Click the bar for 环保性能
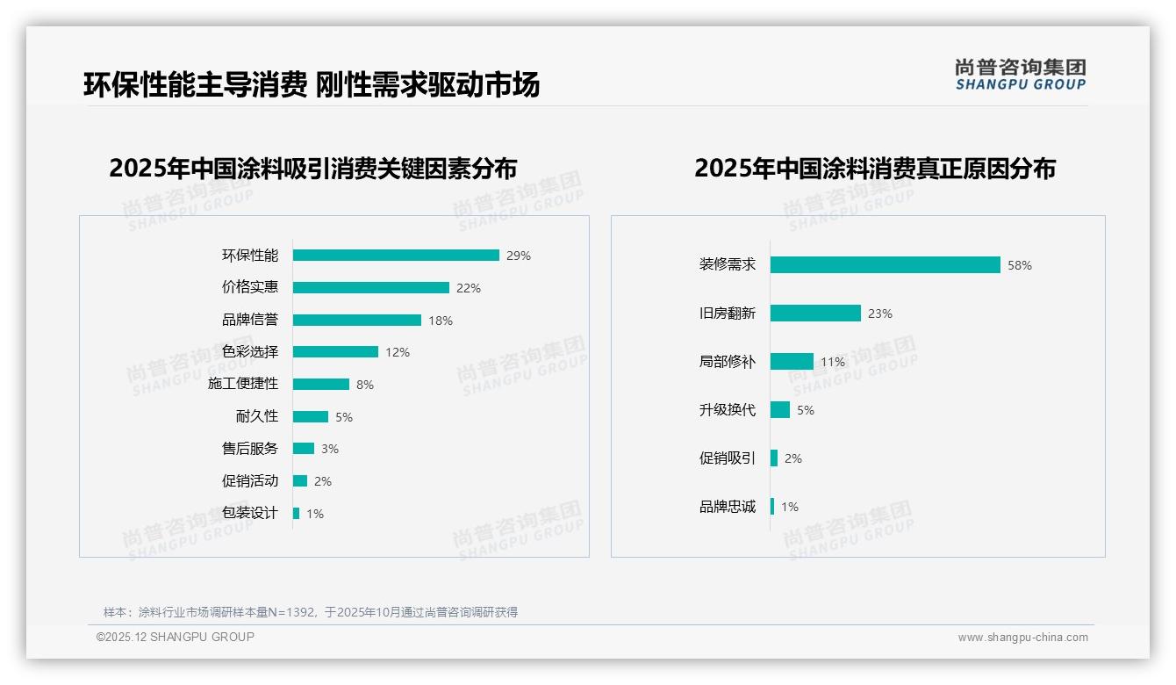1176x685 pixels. pos(396,256)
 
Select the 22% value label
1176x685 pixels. pos(469,288)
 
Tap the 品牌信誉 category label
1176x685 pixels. pos(250,320)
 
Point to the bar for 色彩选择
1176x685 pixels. pos(335,352)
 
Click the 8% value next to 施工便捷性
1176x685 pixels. pos(365,385)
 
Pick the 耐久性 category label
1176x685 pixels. pos(257,416)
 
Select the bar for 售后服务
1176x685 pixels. pos(304,449)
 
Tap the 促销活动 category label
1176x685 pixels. pos(250,480)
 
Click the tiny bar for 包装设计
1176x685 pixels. pos(297,513)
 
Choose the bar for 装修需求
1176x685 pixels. pos(885,264)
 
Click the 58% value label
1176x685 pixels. pos(1020,265)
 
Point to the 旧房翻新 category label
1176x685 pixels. pos(727,313)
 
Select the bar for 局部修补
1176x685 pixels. pos(792,361)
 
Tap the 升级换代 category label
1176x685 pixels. pos(727,409)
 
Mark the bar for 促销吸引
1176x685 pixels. pos(774,458)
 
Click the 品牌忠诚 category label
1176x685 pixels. pos(727,507)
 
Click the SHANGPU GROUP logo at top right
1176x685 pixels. pos(1020,75)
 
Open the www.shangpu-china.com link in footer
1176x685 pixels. pos(1022,638)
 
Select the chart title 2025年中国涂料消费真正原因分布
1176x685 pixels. pos(874,169)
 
